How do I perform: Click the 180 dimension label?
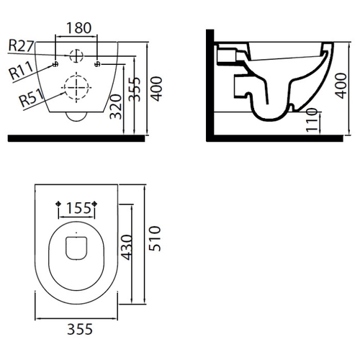point(78,28)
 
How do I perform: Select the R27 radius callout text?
point(21,45)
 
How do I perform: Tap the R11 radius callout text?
point(21,70)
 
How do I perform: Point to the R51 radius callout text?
point(32,98)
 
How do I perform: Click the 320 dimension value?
point(116,107)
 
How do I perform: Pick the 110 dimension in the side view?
point(312,120)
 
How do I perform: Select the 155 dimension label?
point(78,208)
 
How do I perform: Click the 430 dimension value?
point(127,248)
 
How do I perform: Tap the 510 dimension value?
point(155,238)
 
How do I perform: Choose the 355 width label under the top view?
point(80,329)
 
